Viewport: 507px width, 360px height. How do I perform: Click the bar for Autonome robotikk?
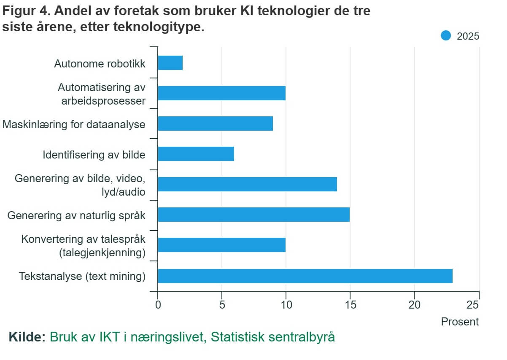tap(170, 63)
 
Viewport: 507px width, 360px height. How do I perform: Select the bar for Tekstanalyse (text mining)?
tap(305, 276)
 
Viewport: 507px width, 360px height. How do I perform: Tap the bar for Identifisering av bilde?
tap(196, 154)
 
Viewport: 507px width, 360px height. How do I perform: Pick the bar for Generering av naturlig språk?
tap(253, 215)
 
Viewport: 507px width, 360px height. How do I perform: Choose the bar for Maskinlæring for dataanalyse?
tap(215, 124)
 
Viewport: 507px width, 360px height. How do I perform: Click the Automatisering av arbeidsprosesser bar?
tap(221, 93)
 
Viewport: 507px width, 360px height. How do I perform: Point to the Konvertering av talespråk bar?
tap(221, 245)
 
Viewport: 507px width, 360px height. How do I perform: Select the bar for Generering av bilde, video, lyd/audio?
tap(247, 184)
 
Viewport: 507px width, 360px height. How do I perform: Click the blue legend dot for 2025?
tap(446, 36)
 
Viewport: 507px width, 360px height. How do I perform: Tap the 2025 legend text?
tap(468, 36)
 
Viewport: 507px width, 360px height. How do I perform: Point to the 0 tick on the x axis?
tap(158, 305)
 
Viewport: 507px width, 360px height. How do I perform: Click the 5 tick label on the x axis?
tap(222, 305)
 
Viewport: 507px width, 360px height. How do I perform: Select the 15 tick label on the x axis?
tap(350, 305)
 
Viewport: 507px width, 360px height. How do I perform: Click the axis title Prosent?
tap(460, 322)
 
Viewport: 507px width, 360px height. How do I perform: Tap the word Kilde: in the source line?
tap(27, 337)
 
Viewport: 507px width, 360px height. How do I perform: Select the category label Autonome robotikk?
tap(100, 64)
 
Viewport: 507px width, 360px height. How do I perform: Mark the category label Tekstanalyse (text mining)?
tap(82, 277)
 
